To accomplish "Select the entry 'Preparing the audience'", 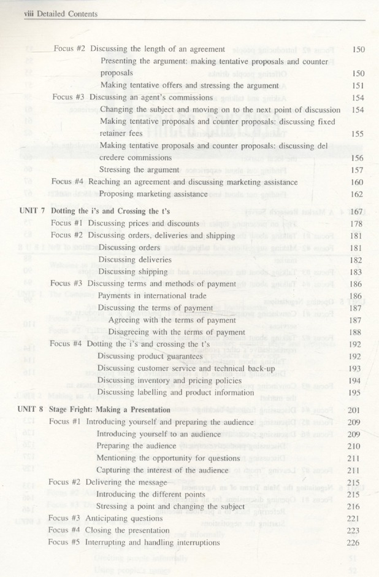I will point(136,446).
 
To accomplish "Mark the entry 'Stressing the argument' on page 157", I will point(140,169).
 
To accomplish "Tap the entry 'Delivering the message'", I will point(128,482).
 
